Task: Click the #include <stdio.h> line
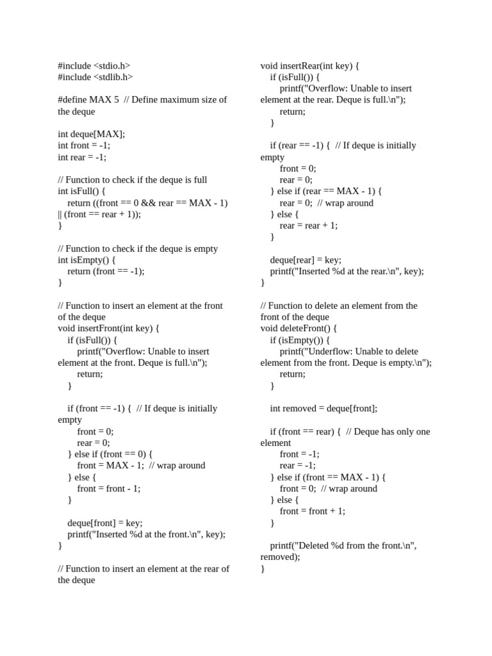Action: (94, 65)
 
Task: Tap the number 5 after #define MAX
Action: (116, 100)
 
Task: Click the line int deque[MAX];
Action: (91, 134)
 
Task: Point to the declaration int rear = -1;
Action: (82, 157)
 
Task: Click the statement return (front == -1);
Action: (106, 271)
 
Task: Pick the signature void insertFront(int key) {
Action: (108, 328)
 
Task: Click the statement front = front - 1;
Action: (108, 488)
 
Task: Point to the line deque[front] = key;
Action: (105, 523)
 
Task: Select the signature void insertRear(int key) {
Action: (309, 65)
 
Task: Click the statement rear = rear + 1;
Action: (308, 225)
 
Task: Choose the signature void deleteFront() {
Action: (299, 328)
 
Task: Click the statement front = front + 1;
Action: (312, 511)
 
